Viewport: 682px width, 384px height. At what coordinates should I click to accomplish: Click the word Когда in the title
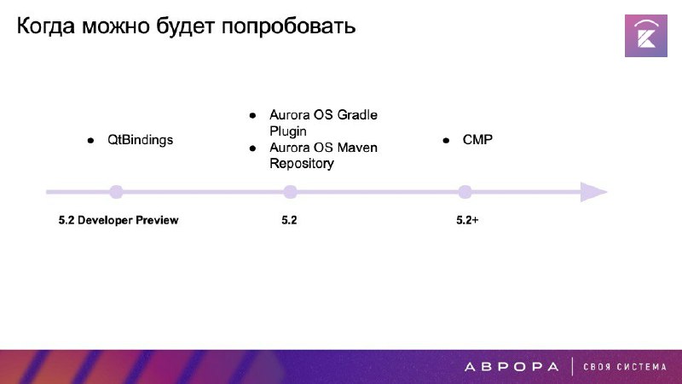coord(46,26)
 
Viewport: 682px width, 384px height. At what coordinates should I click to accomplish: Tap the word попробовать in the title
coord(288,26)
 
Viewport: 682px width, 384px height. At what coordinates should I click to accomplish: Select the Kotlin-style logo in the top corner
coord(646,36)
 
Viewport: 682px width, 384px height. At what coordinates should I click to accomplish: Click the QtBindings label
coord(140,140)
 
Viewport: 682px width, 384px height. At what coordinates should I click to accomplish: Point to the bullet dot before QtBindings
coord(90,140)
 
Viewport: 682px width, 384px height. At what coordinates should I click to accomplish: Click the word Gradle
coord(357,115)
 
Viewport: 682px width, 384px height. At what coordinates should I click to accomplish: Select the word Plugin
coord(288,131)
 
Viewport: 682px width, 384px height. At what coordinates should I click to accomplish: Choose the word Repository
coord(302,164)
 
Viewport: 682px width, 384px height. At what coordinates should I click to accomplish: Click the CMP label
coord(477,140)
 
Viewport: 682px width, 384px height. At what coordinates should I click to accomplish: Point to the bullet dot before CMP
coord(446,140)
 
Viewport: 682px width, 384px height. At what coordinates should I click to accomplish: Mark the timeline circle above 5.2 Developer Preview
coord(116,192)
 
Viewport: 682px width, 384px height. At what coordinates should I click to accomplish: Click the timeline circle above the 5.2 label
coord(290,192)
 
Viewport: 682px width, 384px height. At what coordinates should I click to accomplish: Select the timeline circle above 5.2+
coord(465,192)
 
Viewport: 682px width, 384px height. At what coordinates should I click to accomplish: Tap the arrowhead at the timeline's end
coord(593,192)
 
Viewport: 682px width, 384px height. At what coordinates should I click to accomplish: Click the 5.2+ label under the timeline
coord(467,220)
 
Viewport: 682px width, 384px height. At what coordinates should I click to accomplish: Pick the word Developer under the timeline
coord(105,220)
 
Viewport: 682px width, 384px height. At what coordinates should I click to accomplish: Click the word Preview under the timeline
coord(157,220)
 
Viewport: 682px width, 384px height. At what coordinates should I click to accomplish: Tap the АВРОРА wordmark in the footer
coord(511,367)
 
